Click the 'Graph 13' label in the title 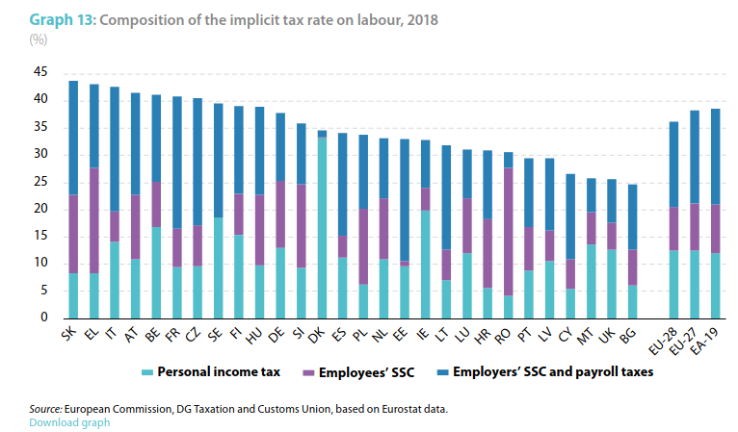pyautogui.click(x=60, y=20)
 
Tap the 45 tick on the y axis pyautogui.click(x=40, y=72)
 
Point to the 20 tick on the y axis pyautogui.click(x=40, y=209)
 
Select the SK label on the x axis pyautogui.click(x=70, y=335)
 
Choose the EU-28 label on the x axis pyautogui.click(x=671, y=339)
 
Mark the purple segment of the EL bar pyautogui.click(x=93, y=220)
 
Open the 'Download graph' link pyautogui.click(x=69, y=422)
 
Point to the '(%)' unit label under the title pyautogui.click(x=39, y=38)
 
